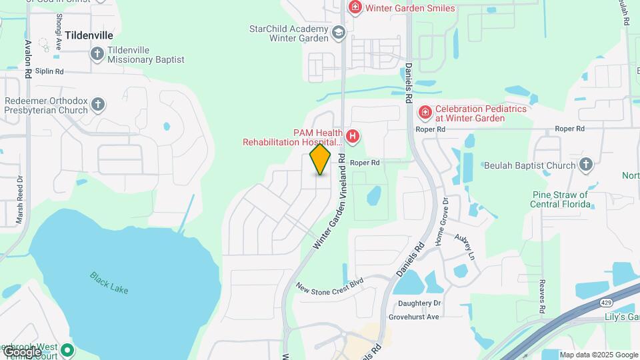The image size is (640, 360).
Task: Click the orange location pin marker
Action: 321,159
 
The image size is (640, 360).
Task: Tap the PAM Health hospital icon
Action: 353,137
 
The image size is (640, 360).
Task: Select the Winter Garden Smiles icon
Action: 355,8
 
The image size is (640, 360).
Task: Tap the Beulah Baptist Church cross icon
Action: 585,165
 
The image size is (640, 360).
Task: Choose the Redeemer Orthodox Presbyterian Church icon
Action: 98,104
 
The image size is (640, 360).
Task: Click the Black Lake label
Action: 109,283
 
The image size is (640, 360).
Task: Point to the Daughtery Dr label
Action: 420,303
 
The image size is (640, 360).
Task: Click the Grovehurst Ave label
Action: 415,317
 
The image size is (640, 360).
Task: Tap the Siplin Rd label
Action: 49,71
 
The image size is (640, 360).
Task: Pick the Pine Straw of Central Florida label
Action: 560,199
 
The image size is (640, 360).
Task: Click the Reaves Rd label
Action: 543,293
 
